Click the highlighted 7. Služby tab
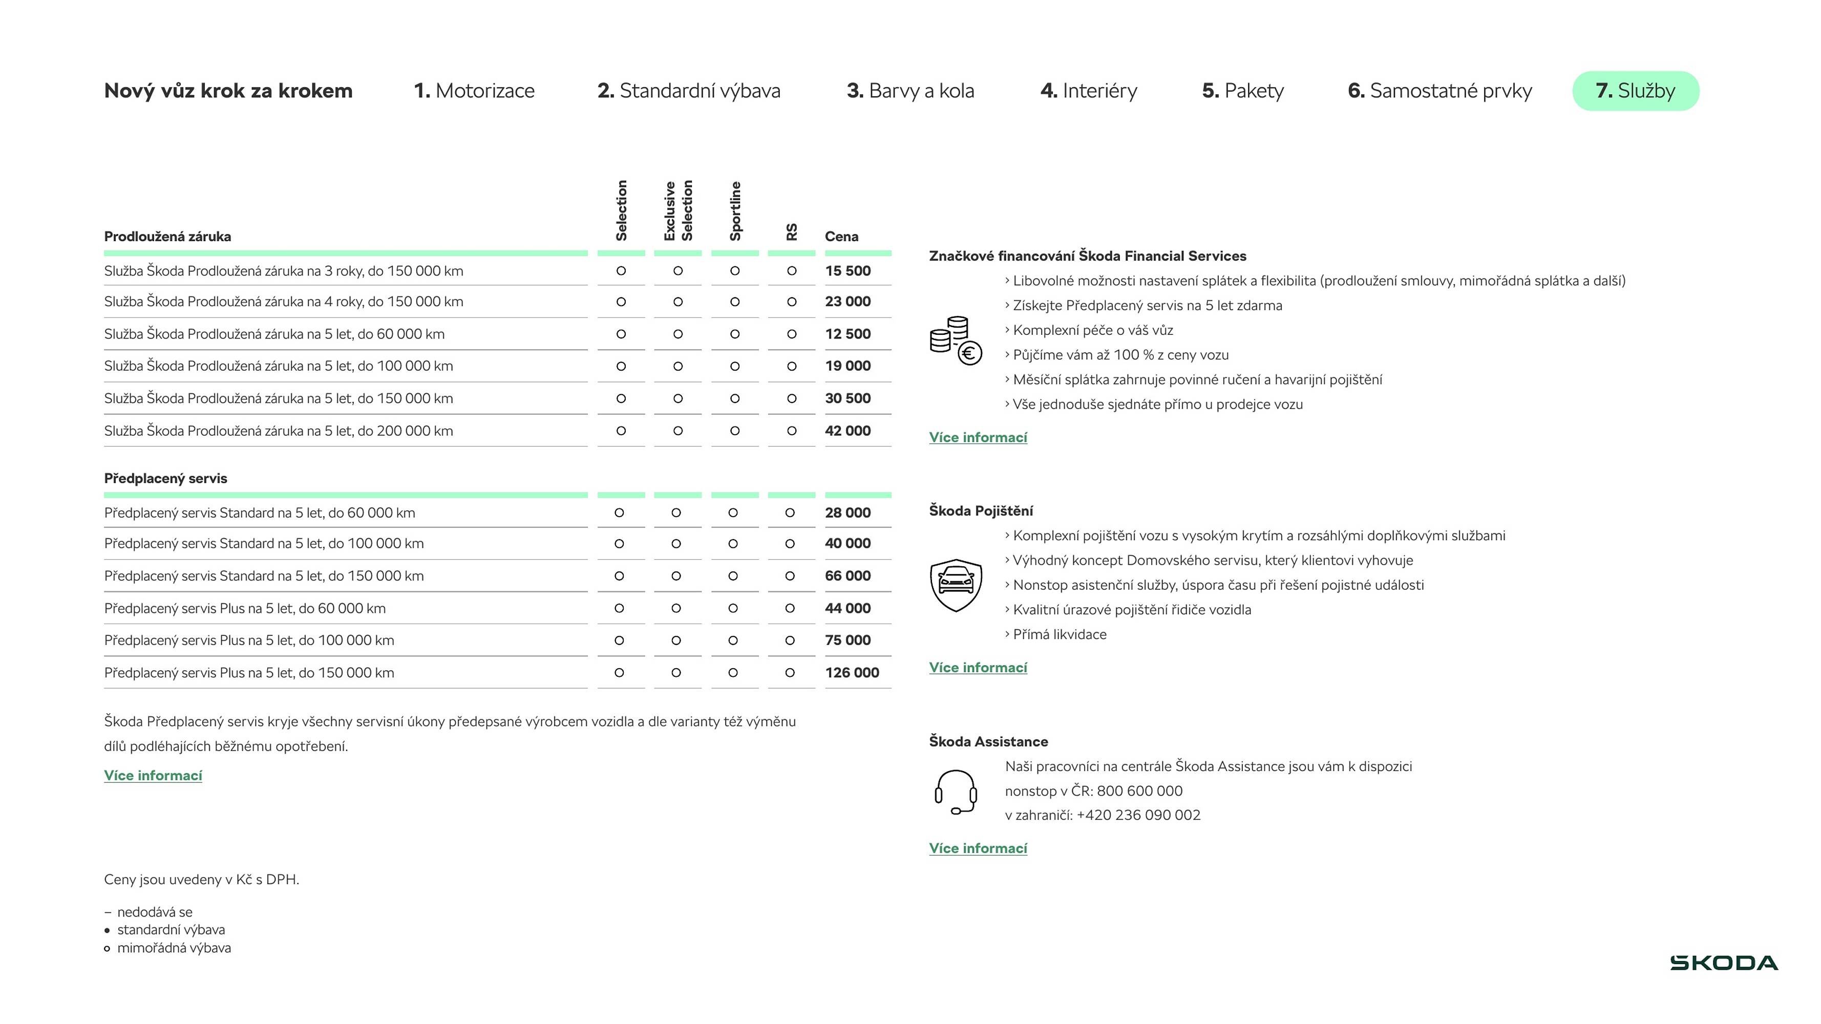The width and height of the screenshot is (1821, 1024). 1635,91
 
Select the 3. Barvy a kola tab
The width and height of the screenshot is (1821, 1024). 910,91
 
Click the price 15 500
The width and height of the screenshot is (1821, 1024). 848,271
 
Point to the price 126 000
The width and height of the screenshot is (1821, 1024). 852,673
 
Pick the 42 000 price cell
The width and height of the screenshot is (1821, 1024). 848,431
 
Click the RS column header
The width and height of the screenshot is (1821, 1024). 792,232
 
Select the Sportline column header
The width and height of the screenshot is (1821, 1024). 735,210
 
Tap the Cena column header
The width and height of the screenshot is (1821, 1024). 841,237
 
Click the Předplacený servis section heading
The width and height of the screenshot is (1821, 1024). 165,478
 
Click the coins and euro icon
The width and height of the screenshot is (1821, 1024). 956,340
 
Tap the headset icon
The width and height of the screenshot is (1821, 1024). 956,792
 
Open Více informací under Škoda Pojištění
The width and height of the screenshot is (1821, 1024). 978,668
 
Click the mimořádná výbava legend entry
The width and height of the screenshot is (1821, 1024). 173,948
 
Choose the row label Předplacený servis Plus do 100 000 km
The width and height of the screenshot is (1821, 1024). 249,641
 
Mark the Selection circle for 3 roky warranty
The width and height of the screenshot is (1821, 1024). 621,271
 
